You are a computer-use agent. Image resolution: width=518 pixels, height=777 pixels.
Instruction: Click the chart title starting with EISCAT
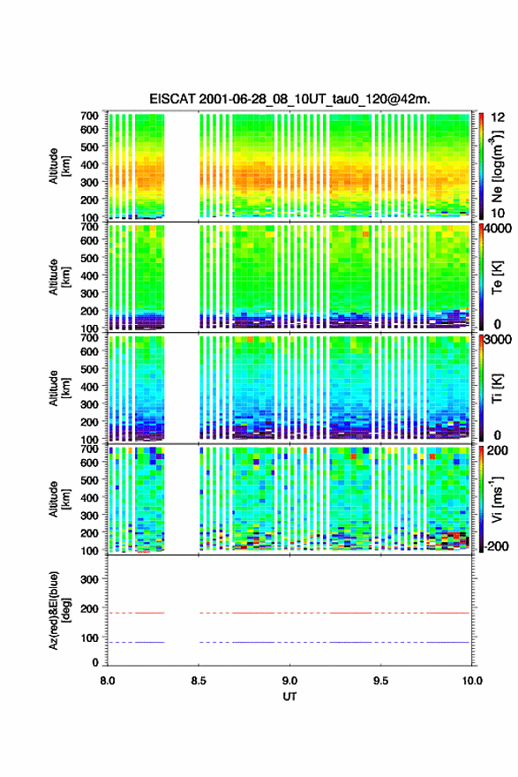289,99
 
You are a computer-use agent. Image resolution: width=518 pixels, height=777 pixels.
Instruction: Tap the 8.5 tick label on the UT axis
199,681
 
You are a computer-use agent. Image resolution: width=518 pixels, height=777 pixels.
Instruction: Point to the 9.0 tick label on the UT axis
289,681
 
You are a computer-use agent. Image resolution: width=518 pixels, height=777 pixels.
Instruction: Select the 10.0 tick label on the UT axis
472,681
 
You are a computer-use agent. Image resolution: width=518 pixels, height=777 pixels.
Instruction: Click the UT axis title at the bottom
289,697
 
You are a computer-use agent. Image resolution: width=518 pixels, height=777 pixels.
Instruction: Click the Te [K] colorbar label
498,277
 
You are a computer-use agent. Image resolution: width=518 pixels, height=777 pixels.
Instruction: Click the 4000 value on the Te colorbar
499,229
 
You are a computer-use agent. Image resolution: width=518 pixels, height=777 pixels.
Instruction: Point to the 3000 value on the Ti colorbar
499,339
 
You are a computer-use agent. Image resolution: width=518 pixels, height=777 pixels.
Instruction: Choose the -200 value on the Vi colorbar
497,546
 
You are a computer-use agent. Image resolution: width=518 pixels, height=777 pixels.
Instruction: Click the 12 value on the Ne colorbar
498,117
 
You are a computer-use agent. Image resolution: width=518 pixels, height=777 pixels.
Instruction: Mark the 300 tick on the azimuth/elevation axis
90,579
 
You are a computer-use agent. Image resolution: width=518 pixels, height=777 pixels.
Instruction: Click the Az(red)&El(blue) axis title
57,610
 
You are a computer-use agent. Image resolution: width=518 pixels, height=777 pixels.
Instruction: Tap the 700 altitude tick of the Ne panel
90,116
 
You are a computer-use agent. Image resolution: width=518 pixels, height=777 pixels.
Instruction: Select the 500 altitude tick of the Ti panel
90,369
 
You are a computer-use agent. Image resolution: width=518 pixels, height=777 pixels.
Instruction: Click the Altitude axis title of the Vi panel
57,499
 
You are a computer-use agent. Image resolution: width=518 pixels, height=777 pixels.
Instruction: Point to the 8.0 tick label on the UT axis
108,681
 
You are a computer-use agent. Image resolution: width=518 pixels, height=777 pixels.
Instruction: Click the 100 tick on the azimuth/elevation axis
90,637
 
